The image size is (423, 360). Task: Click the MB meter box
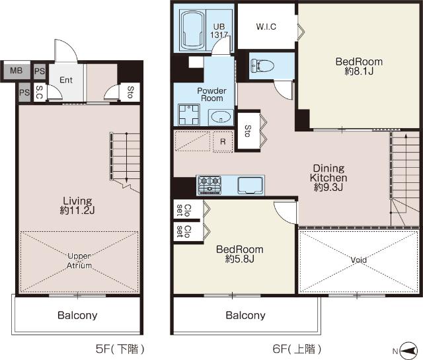point(16,71)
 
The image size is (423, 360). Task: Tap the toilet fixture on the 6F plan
point(262,66)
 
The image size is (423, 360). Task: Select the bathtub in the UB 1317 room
point(192,29)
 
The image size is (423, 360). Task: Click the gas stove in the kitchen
point(210,185)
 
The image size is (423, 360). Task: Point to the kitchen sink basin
point(250,185)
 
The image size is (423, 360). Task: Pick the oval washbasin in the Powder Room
point(221,117)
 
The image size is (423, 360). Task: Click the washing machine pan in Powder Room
point(189,115)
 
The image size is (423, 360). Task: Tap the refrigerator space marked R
point(223,142)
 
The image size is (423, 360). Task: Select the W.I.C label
point(266,26)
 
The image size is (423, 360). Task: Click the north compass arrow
point(408,351)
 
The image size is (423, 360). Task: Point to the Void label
point(358,260)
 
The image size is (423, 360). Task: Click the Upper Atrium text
point(79,260)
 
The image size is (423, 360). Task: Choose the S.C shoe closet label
point(40,92)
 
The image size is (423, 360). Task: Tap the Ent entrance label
point(66,80)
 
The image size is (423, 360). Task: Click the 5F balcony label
point(77,315)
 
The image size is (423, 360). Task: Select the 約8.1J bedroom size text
point(359,71)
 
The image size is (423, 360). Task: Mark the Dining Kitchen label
point(328,173)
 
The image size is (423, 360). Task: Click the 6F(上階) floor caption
point(297,349)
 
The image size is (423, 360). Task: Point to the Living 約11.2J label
point(77,205)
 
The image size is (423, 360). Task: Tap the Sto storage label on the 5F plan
point(130,92)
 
